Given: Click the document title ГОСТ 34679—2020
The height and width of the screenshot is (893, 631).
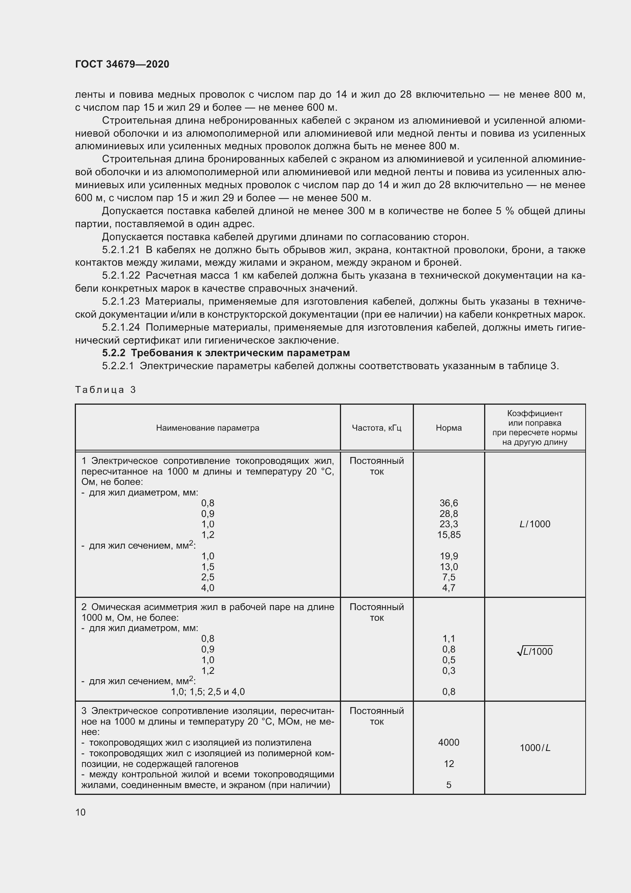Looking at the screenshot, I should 122,64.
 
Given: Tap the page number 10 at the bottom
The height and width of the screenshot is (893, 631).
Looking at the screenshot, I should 80,812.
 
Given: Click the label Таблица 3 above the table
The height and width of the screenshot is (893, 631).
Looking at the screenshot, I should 105,390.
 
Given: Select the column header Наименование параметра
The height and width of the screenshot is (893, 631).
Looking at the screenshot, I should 208,428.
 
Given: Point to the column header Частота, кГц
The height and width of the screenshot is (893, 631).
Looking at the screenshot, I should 377,428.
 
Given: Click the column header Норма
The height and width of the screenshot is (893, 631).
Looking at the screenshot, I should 449,428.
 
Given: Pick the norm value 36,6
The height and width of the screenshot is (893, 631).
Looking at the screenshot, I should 449,503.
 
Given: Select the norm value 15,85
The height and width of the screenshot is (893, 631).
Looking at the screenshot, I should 449,535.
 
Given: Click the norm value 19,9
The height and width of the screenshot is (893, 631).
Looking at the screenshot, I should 449,556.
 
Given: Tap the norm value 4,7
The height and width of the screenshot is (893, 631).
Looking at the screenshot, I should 449,588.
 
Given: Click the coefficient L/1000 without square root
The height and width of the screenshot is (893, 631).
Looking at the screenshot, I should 534,524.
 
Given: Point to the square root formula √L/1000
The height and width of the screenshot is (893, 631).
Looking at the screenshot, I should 534,651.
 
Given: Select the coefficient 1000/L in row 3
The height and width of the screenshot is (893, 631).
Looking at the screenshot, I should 534,748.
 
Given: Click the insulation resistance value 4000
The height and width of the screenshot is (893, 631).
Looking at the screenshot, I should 449,742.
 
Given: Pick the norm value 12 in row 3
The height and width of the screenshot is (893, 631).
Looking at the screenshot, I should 449,764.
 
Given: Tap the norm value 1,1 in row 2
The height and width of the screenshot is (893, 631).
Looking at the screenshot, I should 449,638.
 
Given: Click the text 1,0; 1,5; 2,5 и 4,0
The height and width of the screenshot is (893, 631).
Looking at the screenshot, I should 208,691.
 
